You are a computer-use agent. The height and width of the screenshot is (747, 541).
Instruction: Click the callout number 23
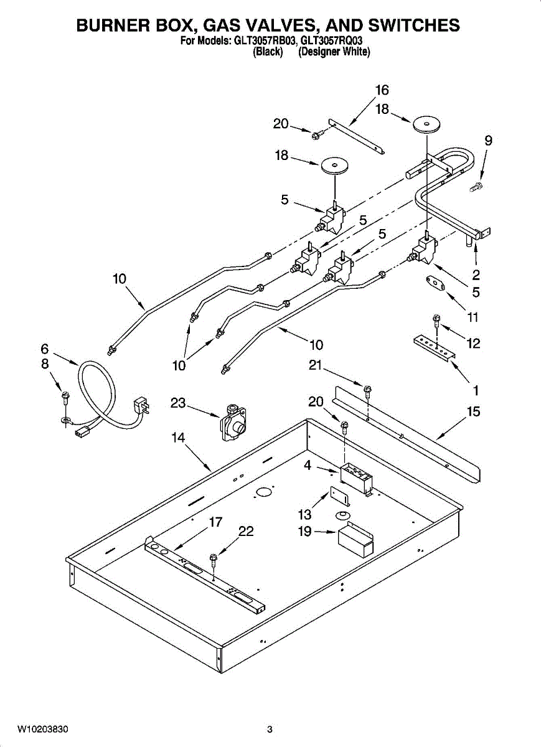coord(178,403)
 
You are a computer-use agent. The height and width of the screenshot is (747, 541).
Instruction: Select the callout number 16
coord(382,90)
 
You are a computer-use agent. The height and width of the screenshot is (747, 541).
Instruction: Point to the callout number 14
coord(178,438)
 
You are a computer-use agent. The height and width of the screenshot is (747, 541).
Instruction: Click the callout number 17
coord(215,522)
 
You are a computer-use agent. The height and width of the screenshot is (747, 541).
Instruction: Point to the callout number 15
coord(474,411)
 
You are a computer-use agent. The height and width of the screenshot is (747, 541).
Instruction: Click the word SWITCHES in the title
coord(407,26)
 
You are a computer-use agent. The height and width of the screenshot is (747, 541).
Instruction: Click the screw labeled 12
coord(436,321)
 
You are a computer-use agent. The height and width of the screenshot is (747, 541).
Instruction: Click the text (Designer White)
coord(334,53)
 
